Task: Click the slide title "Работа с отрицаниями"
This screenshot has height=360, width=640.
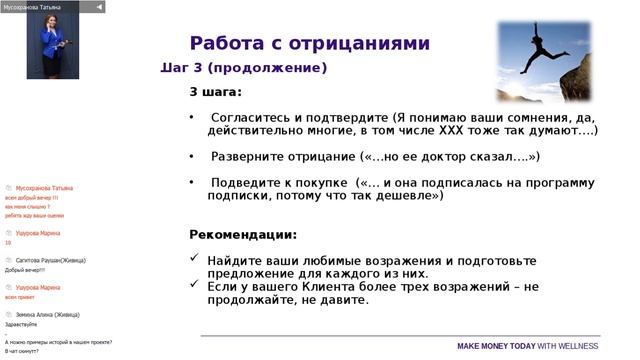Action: (309, 43)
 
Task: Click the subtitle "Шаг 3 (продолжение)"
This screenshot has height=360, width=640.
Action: (244, 68)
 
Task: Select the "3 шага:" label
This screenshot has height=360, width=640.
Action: (215, 92)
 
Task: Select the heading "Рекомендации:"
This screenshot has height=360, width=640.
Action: (243, 235)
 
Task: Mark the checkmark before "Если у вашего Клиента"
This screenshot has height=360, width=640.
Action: (194, 286)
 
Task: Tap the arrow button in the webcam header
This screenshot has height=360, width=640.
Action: (99, 7)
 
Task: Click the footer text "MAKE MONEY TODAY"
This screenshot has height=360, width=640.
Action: (496, 346)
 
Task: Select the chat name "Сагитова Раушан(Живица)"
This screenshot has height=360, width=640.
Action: (48, 260)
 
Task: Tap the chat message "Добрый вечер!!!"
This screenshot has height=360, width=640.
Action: (25, 270)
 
